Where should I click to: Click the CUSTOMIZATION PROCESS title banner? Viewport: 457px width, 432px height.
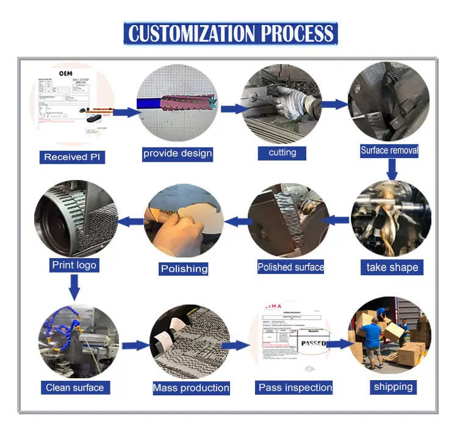click(x=230, y=33)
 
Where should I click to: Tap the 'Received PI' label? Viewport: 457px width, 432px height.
click(x=74, y=157)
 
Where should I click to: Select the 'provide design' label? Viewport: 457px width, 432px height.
click(x=178, y=153)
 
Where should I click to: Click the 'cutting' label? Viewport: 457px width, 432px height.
click(x=282, y=153)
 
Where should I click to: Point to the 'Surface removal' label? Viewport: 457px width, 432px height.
click(x=389, y=150)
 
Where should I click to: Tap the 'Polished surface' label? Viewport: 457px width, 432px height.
click(x=291, y=267)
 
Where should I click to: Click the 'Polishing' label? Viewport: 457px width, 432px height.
click(x=184, y=268)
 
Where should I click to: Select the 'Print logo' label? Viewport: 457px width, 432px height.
click(x=74, y=265)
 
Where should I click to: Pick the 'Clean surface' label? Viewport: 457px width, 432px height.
click(x=74, y=387)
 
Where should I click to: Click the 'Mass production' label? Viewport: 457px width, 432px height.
click(x=191, y=387)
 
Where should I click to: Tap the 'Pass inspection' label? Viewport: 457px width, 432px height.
click(x=295, y=387)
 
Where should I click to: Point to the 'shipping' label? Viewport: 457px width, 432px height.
click(x=394, y=386)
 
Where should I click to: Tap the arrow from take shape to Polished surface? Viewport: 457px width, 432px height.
click(x=335, y=220)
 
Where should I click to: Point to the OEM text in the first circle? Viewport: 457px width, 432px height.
click(x=65, y=73)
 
